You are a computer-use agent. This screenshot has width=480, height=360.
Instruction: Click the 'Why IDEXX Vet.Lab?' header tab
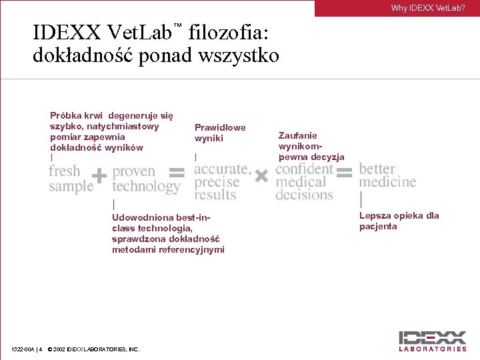(427, 8)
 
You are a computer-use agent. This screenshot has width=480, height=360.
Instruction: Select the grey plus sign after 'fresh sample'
(99, 176)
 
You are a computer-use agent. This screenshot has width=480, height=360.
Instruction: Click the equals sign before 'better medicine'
(345, 173)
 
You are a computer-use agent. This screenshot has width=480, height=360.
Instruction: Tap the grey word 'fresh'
(64, 171)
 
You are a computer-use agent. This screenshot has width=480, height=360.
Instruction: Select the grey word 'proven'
(133, 171)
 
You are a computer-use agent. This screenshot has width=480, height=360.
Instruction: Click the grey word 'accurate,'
(223, 169)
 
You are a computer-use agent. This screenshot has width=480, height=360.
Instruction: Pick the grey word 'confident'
(304, 169)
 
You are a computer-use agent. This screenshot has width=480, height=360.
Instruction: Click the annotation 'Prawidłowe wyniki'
(219, 133)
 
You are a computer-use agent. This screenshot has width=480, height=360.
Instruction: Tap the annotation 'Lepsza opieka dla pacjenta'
(399, 221)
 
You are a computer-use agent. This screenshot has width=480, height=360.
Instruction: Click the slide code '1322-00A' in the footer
(23, 349)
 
